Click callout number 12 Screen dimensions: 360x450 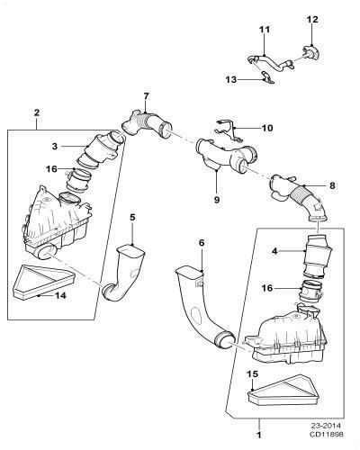pos(312,20)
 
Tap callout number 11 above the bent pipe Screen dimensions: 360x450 pos(265,30)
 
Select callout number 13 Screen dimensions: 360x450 pos(231,80)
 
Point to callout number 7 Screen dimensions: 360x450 pos(146,96)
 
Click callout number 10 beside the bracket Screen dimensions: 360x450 pos(267,128)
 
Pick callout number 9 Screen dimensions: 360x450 pos(217,200)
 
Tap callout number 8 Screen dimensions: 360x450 pos(332,185)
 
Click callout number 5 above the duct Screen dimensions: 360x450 pos(132,217)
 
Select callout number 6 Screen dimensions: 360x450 pos(202,243)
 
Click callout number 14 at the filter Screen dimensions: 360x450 pos(60,295)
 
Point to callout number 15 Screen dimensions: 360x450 pos(252,374)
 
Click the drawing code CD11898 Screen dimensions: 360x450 pos(327,434)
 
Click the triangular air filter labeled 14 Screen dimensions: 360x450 pos(43,282)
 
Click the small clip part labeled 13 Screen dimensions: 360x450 pos(267,77)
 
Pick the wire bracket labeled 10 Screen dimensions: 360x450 pos(229,130)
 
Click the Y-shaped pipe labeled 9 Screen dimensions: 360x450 pos(227,156)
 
